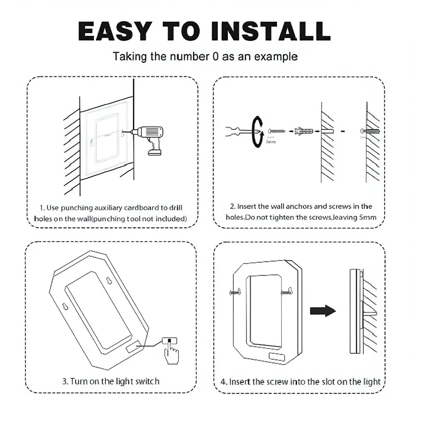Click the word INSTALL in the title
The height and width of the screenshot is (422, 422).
[271, 31]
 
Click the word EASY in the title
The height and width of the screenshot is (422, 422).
[114, 31]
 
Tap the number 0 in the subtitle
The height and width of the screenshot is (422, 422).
[215, 56]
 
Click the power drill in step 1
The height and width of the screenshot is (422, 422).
[148, 139]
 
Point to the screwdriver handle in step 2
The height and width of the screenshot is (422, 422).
[233, 131]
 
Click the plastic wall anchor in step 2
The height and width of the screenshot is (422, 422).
[304, 131]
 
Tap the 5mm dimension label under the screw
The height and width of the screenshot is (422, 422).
[271, 142]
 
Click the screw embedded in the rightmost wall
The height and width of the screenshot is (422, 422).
[370, 131]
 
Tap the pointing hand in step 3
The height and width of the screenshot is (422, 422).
[171, 353]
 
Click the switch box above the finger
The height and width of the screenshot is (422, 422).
[169, 341]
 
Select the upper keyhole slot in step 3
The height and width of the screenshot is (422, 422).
[109, 281]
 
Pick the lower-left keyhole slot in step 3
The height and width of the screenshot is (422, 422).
[65, 306]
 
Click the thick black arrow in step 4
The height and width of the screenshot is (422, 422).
[323, 311]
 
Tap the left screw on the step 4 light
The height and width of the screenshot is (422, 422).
[235, 292]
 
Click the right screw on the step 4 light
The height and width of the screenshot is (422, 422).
[287, 291]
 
